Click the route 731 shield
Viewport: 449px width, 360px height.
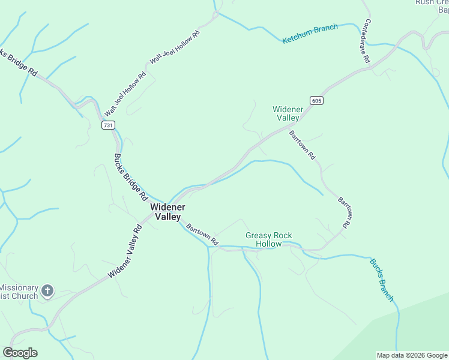[x=107, y=125]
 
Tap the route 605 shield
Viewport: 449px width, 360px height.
[x=317, y=100]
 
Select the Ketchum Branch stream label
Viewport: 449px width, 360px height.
[x=310, y=34]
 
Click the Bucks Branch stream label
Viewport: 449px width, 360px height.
[x=382, y=280]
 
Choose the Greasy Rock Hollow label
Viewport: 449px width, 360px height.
[x=268, y=239]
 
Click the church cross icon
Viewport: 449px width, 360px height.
[x=48, y=292]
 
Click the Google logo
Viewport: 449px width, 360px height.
[x=20, y=353]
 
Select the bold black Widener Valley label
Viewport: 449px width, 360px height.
[x=167, y=212]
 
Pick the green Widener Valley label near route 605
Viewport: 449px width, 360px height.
[x=286, y=113]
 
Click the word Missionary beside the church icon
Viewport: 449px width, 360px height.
[x=19, y=288]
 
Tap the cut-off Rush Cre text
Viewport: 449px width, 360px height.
[x=431, y=2]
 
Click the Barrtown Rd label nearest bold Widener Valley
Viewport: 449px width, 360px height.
[x=202, y=235]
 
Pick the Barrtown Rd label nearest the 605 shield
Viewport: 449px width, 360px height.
[x=302, y=145]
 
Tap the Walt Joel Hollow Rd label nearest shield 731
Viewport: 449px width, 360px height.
[x=125, y=95]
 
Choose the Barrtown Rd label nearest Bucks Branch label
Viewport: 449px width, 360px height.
[x=343, y=212]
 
